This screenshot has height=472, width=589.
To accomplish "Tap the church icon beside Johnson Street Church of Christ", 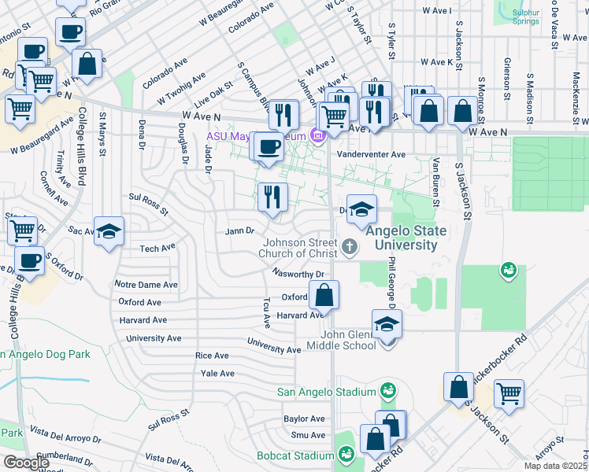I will point(351,249).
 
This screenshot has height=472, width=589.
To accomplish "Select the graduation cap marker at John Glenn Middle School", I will point(387,325).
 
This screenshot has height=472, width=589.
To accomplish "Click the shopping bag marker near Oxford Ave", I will point(324,297).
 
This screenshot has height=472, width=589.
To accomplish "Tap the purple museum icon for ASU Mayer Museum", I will point(318,137).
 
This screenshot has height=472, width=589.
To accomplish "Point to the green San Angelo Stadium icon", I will point(387,390).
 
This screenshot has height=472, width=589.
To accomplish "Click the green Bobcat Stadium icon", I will point(346,454).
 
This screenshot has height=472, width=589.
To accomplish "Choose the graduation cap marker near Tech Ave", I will point(109,233).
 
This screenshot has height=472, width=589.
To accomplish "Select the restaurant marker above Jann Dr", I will point(273,197).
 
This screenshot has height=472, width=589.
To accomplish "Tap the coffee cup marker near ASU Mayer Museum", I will point(269,147).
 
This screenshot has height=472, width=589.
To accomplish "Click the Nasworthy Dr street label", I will point(298,274).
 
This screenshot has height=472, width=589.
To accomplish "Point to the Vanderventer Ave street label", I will point(371,155).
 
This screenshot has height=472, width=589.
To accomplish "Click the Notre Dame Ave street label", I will point(146,284).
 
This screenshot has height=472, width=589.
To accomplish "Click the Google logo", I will point(26,463).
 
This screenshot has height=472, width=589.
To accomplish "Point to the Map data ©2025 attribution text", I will point(553,466).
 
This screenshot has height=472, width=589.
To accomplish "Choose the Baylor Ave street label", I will point(304,419).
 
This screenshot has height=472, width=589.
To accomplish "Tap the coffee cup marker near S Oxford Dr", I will point(31,262).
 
